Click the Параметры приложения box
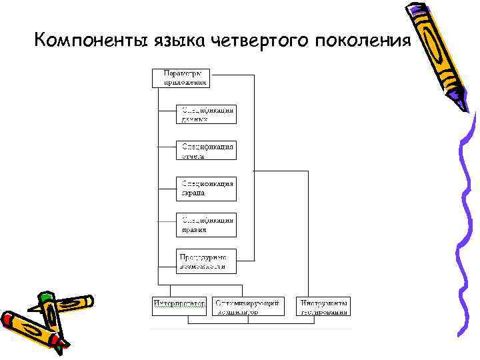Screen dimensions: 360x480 click(181, 77)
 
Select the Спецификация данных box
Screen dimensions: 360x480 click(206, 114)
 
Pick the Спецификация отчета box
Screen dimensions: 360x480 click(206, 151)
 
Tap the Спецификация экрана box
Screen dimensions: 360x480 click(206, 188)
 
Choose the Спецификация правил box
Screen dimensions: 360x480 click(206, 225)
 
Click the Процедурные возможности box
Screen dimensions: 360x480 click(206, 261)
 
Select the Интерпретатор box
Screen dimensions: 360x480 click(179, 306)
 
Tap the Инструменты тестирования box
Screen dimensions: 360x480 click(323, 306)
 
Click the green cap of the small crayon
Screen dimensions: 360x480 click(45, 298)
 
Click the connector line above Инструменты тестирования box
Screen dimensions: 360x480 click(308, 233)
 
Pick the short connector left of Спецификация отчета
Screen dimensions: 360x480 click(167, 146)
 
